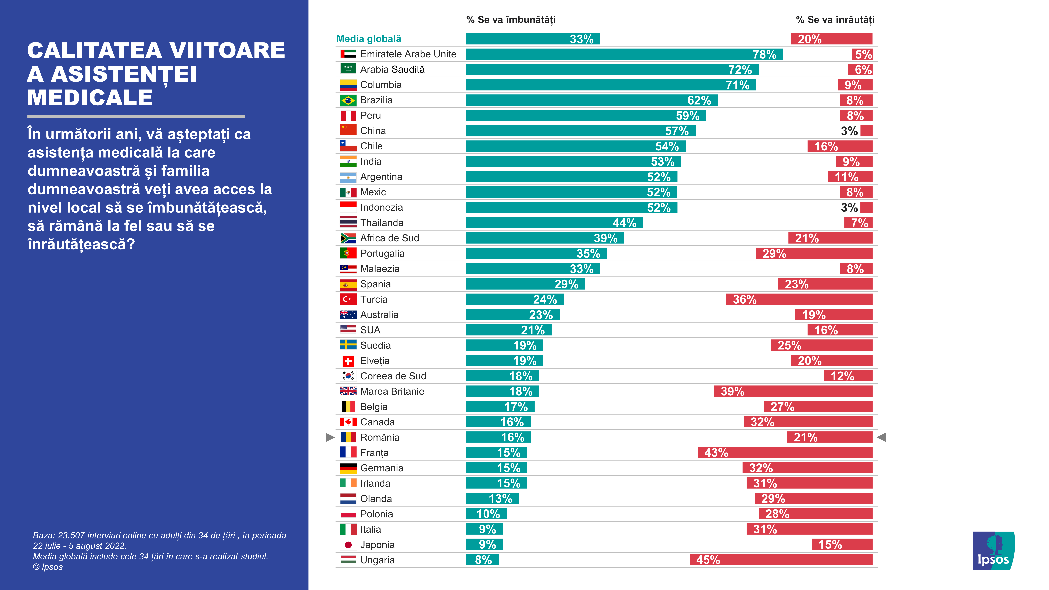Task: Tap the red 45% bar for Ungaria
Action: [x=781, y=560]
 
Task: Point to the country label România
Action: [x=380, y=437]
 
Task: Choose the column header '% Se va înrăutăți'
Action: [x=835, y=20]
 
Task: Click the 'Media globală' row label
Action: [x=369, y=39]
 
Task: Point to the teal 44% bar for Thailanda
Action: [x=554, y=223]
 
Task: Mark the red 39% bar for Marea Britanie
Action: [x=793, y=391]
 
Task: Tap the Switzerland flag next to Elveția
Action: [x=348, y=361]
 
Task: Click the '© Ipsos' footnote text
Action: [x=48, y=567]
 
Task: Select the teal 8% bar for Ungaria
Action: [x=482, y=560]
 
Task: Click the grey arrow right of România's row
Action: [x=881, y=437]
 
